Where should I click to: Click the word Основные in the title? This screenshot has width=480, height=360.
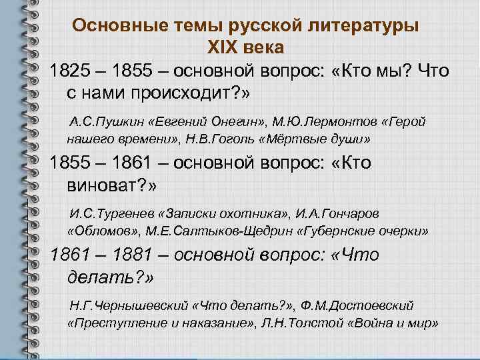coord(111,26)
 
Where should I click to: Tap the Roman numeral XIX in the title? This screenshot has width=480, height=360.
coord(226,47)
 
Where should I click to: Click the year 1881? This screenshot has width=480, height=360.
coord(153,255)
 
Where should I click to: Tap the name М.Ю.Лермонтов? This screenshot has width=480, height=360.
coord(313,123)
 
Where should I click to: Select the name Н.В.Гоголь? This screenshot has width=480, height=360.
coord(207,139)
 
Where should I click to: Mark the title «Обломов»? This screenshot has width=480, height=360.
coord(100,231)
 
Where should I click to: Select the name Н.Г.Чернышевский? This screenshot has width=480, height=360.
coord(121,306)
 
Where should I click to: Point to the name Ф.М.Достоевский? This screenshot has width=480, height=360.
coord(363,306)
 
